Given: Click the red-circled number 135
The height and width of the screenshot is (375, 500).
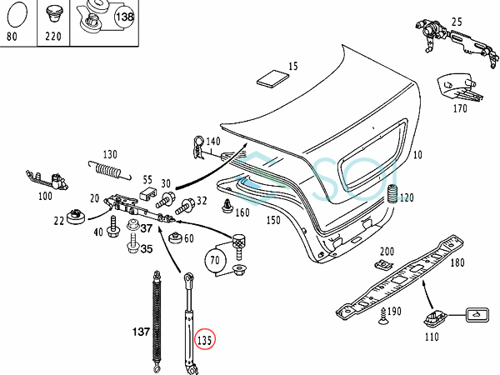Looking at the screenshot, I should coord(204,340).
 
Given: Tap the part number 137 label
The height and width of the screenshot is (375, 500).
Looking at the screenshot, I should coord(141,332).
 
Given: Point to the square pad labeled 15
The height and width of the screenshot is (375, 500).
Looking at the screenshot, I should coord(271,79).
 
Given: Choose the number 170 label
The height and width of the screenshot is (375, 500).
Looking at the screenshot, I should coord(461,107).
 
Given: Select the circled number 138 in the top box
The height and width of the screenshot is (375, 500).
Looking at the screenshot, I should coord(124,16).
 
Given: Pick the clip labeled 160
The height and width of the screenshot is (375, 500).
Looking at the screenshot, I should coord(225,205).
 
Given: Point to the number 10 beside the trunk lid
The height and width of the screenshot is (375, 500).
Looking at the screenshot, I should coord(417,155).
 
